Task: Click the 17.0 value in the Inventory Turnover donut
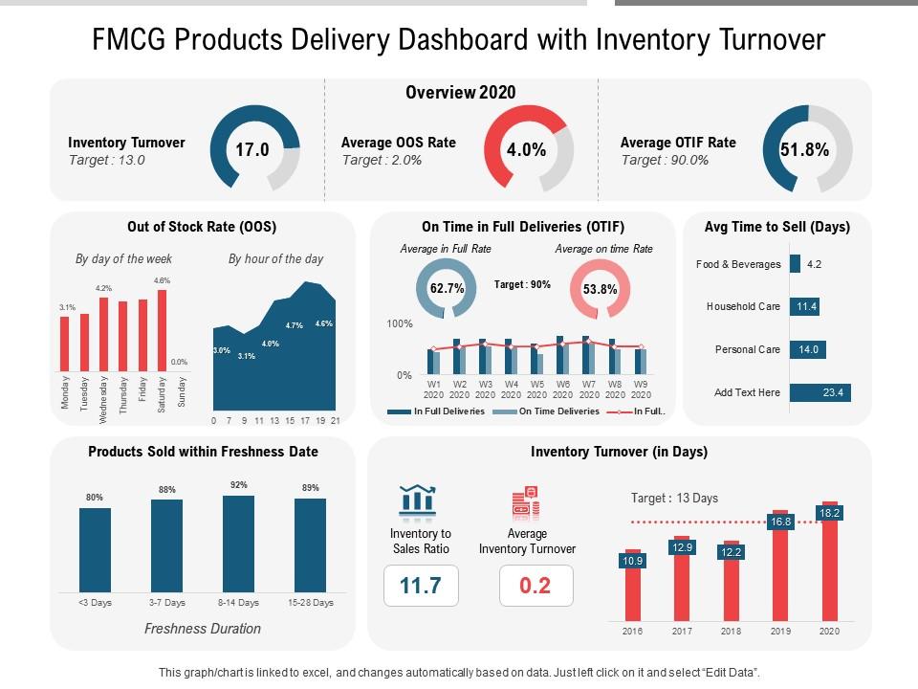[253, 150]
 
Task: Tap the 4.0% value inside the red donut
[527, 150]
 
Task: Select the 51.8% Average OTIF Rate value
[804, 150]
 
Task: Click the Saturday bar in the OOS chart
[162, 330]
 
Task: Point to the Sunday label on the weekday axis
[183, 395]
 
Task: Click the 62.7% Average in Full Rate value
[447, 288]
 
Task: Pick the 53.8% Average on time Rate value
[600, 289]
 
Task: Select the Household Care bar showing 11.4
[804, 306]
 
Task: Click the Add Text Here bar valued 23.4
[820, 392]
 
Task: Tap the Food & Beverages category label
[738, 264]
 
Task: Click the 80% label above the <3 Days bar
[95, 498]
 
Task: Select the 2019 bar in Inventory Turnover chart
[780, 567]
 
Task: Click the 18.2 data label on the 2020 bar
[829, 513]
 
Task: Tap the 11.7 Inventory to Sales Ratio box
[421, 586]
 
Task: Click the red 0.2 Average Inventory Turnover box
[535, 586]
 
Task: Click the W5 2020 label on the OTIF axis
[537, 389]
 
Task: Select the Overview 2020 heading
[461, 93]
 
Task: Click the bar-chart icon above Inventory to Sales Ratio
[417, 500]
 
